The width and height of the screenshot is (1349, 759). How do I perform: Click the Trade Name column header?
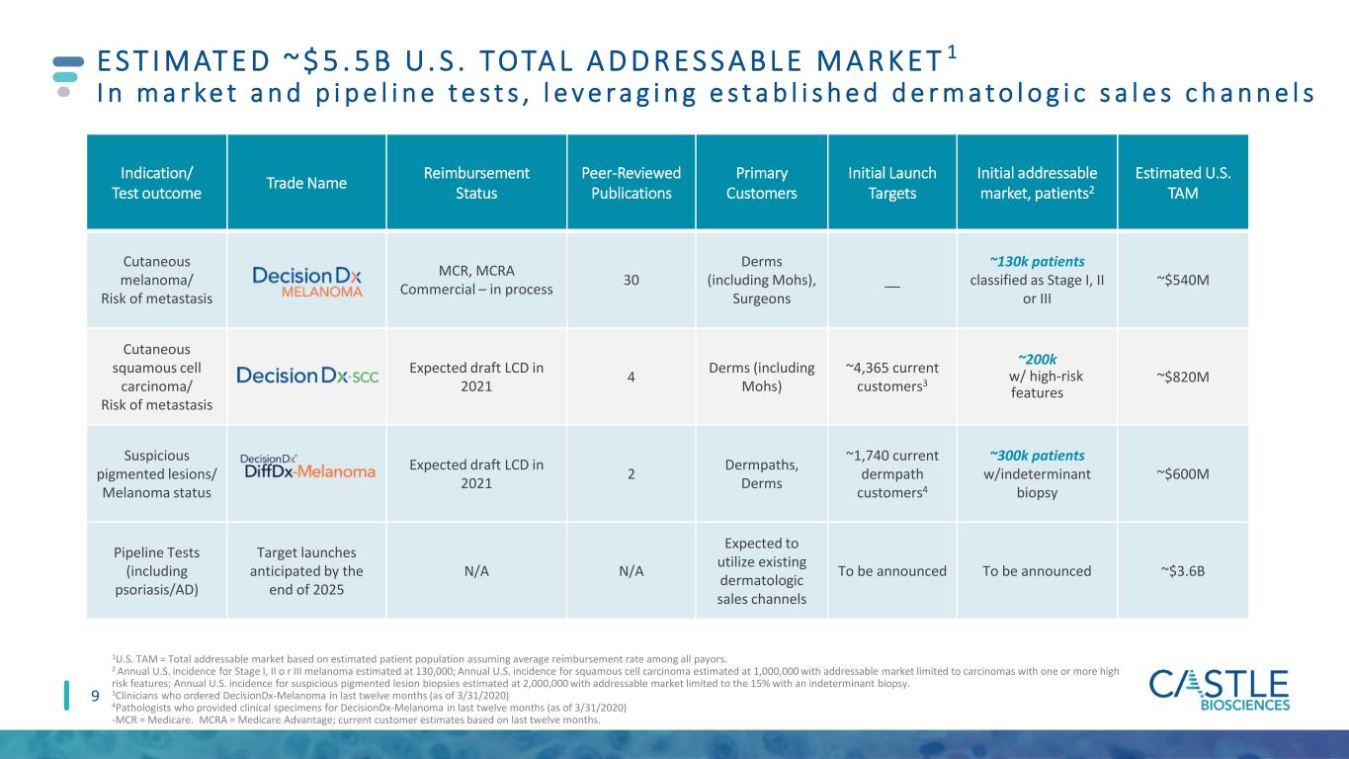[x=306, y=183]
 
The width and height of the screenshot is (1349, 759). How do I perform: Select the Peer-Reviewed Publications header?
[x=631, y=183]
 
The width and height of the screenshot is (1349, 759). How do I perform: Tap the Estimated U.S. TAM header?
[x=1183, y=183]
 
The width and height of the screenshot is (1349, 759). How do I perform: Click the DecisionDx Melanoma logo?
[x=307, y=282]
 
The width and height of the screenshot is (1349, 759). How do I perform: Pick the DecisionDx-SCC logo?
[x=307, y=376]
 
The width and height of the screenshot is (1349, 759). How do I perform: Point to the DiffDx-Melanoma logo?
[x=307, y=466]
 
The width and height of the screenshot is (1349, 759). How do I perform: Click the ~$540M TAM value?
[x=1183, y=280]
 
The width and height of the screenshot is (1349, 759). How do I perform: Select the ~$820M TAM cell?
[x=1183, y=378]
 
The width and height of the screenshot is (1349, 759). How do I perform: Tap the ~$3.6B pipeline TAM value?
[x=1183, y=571]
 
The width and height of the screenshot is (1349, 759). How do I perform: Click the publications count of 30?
[x=631, y=280]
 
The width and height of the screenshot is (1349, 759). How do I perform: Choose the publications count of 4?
[x=631, y=378]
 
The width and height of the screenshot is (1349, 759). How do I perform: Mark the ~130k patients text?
[x=1037, y=262]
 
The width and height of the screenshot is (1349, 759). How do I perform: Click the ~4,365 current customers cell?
[x=891, y=378]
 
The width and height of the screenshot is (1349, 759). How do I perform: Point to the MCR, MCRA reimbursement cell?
[x=475, y=280]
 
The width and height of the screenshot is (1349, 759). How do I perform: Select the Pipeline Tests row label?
[x=156, y=570]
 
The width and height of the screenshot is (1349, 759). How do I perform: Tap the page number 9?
[x=95, y=697]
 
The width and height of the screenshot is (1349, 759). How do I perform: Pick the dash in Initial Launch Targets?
[x=891, y=287]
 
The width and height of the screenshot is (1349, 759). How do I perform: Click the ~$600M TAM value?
[x=1183, y=474]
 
